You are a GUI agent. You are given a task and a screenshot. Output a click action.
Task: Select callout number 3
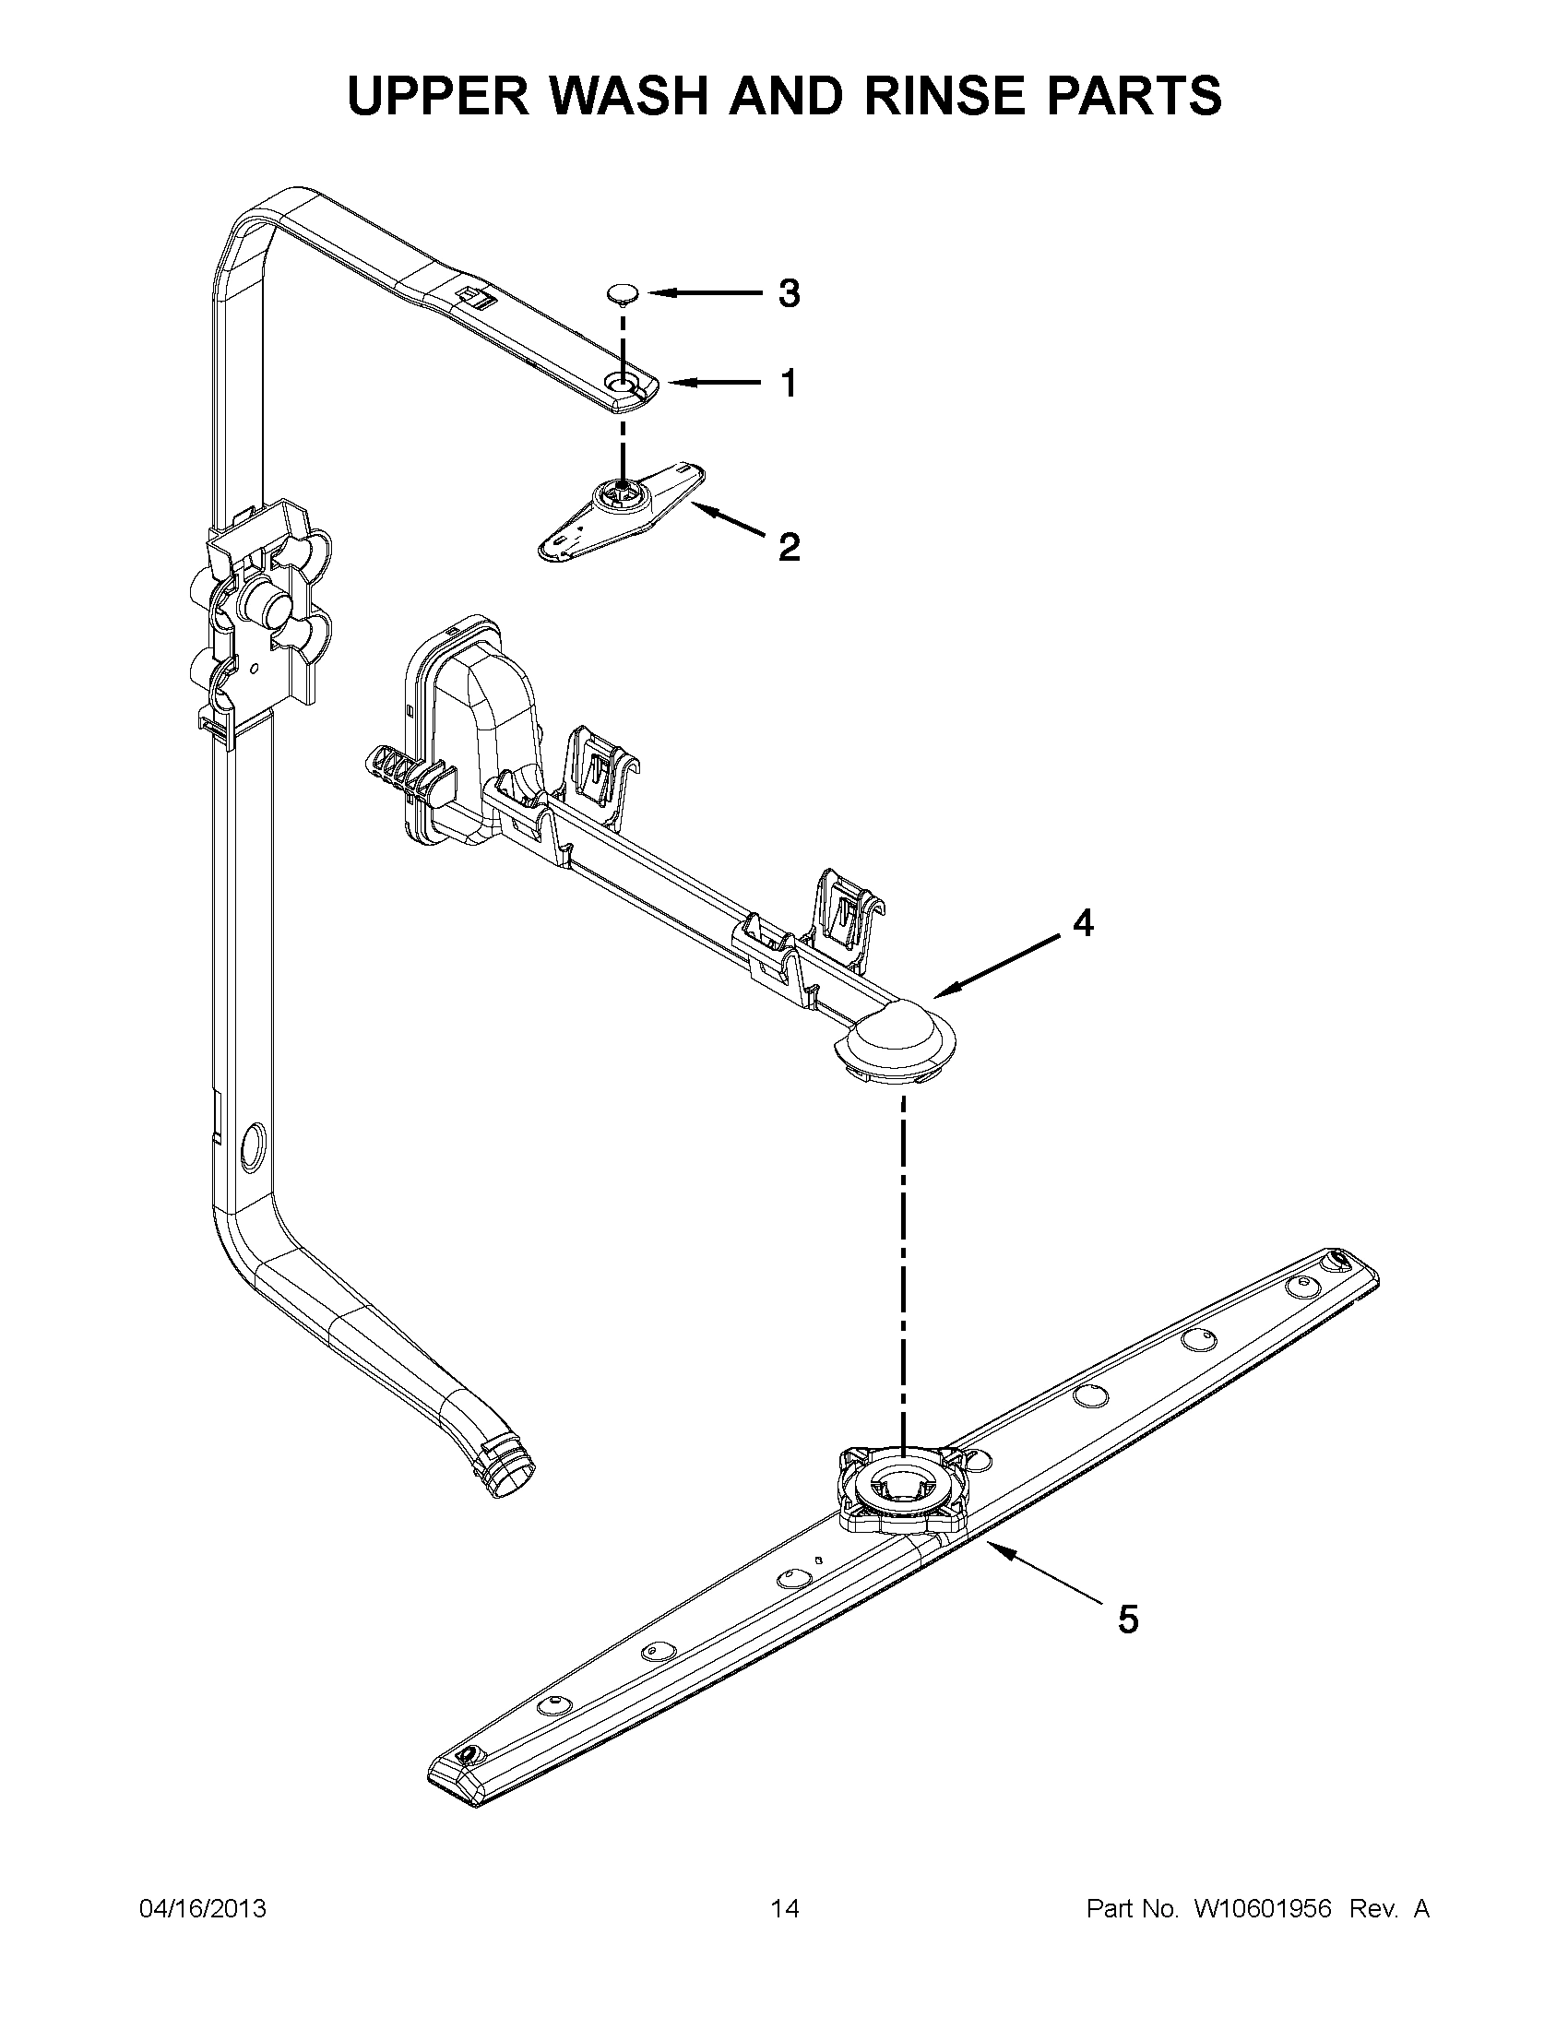(x=788, y=294)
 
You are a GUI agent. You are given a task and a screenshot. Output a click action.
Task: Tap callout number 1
(x=788, y=383)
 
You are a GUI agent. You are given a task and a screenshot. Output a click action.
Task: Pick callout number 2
(x=788, y=547)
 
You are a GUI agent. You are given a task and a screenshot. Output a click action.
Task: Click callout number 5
(x=1127, y=1620)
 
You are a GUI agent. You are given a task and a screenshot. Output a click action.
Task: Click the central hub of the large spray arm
(x=901, y=1488)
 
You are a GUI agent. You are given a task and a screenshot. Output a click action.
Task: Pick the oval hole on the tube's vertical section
(x=252, y=1145)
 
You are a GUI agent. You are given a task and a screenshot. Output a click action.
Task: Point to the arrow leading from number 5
(x=1045, y=1572)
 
